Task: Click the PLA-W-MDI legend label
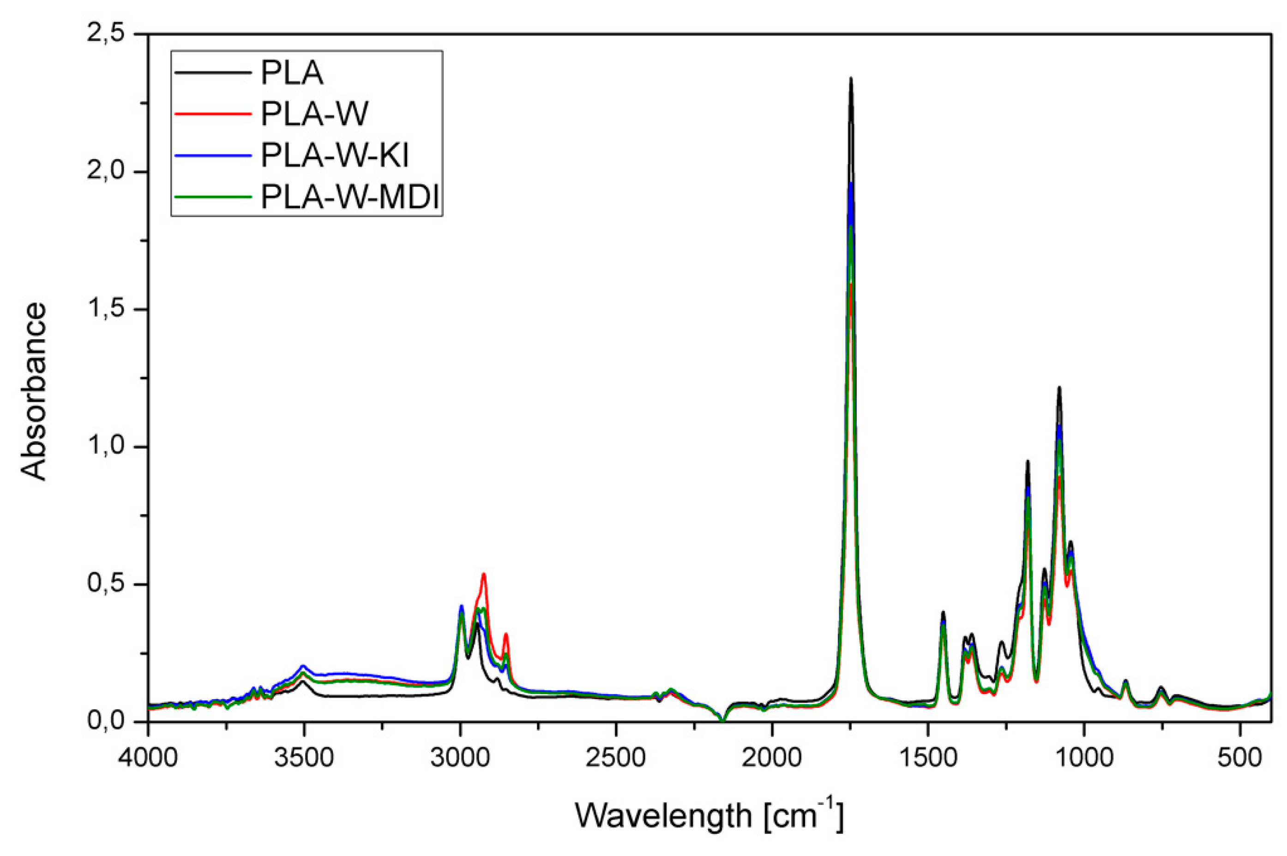[349, 197]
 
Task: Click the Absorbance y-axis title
[34, 392]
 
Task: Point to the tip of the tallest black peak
[850, 78]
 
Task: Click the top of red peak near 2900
[483, 574]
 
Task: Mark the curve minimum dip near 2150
[722, 721]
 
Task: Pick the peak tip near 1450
[943, 612]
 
